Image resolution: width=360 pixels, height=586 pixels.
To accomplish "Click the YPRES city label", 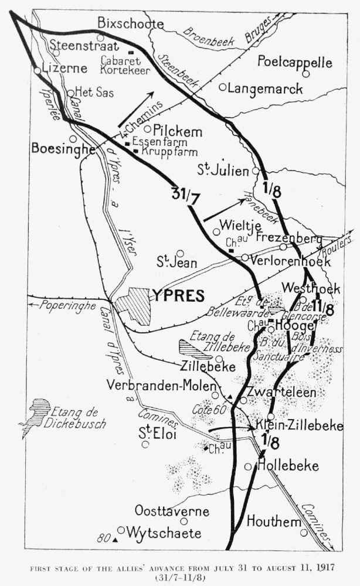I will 178,295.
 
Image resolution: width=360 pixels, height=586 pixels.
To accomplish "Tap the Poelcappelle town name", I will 294,62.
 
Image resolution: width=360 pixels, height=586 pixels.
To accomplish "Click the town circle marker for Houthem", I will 304,533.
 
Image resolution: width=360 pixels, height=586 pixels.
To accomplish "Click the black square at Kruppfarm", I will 136,151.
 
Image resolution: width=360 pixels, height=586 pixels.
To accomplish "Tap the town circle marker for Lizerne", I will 38,70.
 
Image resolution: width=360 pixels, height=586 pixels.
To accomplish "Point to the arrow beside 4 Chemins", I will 136,109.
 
